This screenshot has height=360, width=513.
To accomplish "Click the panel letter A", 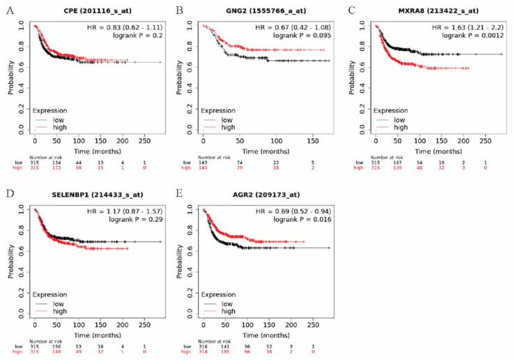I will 6,10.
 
